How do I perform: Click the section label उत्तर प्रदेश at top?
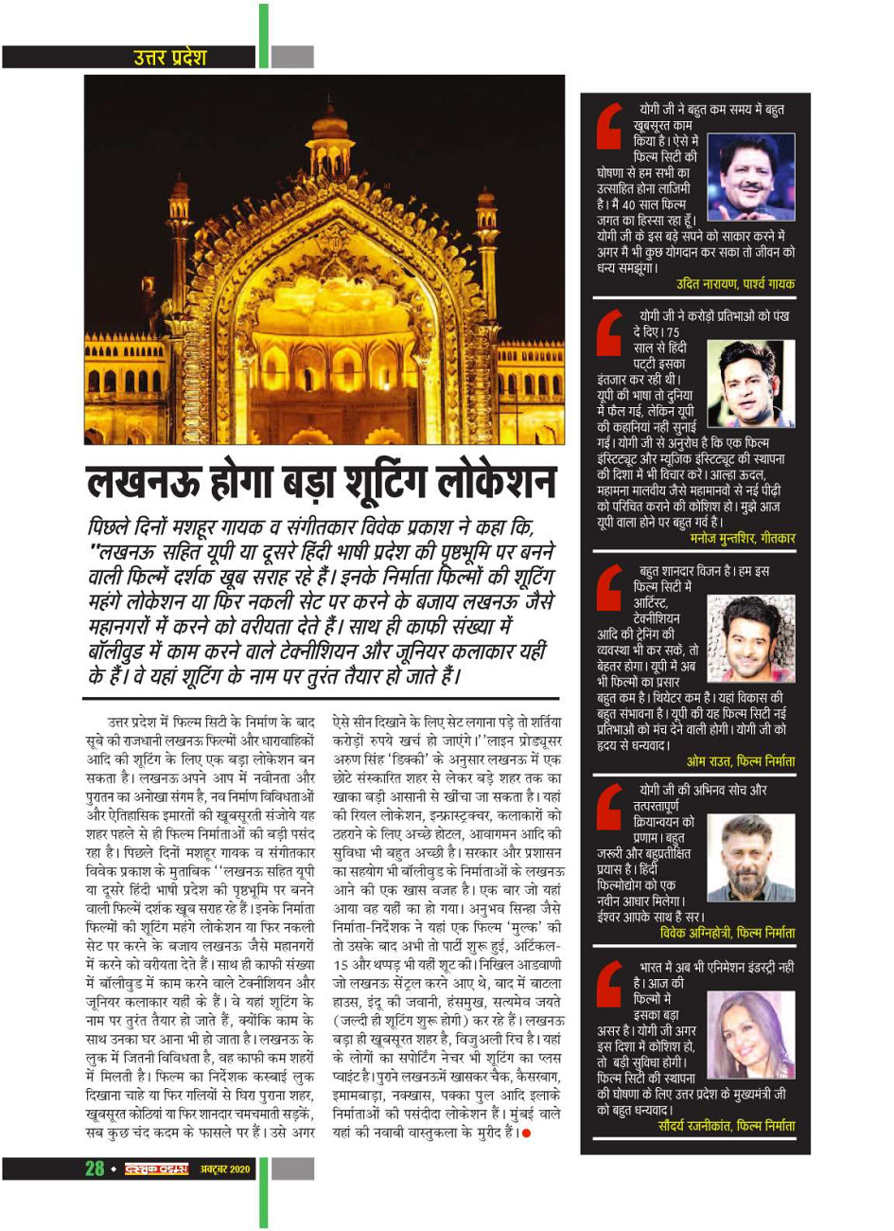[170, 57]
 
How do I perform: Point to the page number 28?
[95, 1168]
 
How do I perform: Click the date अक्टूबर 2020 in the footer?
[225, 1169]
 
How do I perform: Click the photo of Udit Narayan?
[750, 178]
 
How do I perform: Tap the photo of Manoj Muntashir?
[750, 383]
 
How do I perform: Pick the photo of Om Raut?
[750, 638]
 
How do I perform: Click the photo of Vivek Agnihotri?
[750, 858]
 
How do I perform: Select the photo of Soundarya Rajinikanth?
[750, 1035]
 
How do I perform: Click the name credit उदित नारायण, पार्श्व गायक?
[735, 284]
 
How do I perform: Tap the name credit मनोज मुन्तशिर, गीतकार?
[742, 538]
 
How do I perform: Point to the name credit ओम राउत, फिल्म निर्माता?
[740, 761]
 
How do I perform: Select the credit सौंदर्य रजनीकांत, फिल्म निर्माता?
[726, 1126]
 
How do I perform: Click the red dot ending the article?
[526, 1133]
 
